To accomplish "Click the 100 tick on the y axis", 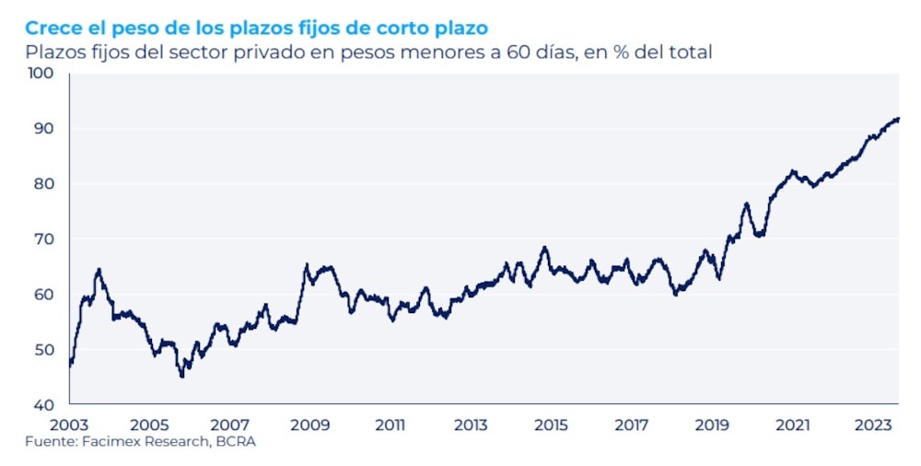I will pyautogui.click(x=42, y=73).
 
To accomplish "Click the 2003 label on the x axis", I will pyautogui.click(x=70, y=425).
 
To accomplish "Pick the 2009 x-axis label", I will pyautogui.click(x=310, y=425).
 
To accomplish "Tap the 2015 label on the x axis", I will pyautogui.click(x=551, y=425).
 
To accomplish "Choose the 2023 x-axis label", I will pyautogui.click(x=872, y=425).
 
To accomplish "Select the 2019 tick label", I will pyautogui.click(x=712, y=425).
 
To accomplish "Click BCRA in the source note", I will pyautogui.click(x=239, y=442).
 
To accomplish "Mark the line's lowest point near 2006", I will pyautogui.click(x=182, y=376).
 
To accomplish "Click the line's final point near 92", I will pyautogui.click(x=898, y=118).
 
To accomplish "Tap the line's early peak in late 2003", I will pyautogui.click(x=99, y=270).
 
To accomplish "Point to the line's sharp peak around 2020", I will pyautogui.click(x=746, y=204).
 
